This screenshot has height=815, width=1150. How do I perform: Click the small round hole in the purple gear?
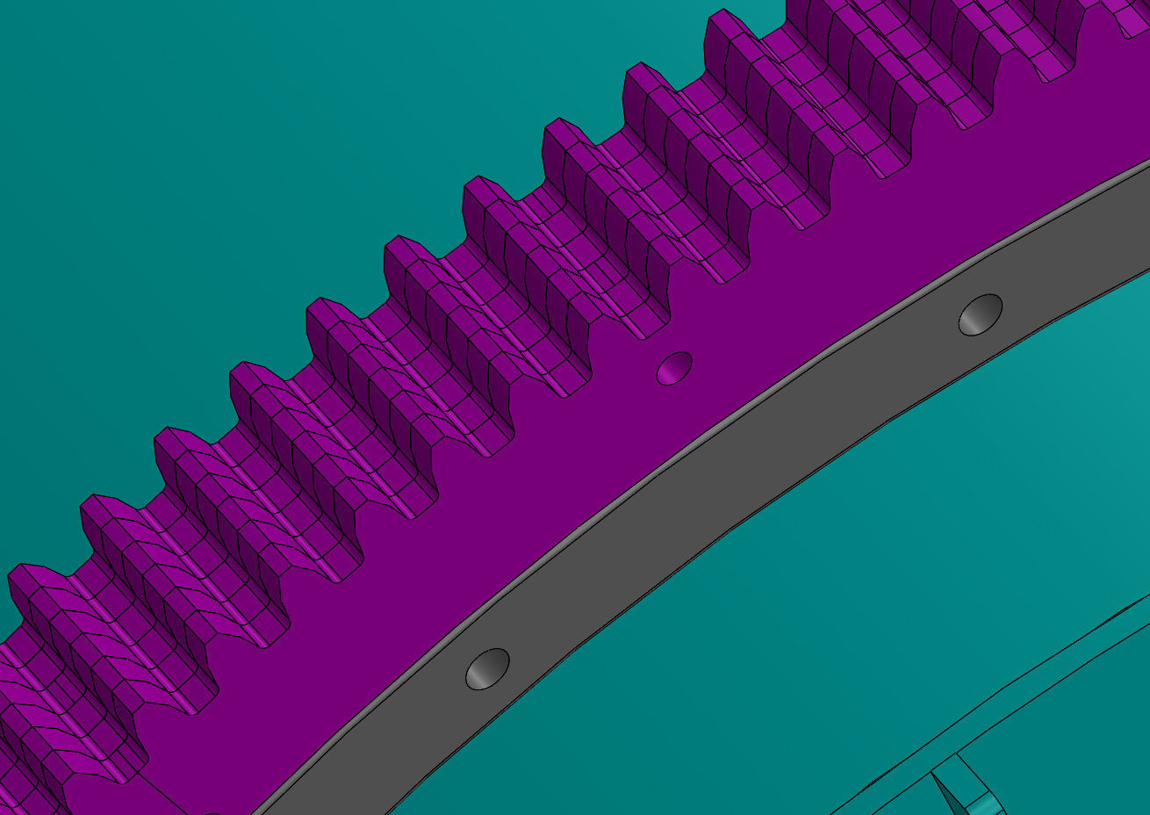tap(674, 367)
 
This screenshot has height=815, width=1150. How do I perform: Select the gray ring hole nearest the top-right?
tap(981, 314)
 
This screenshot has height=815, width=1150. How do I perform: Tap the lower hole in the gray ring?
tap(487, 669)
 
